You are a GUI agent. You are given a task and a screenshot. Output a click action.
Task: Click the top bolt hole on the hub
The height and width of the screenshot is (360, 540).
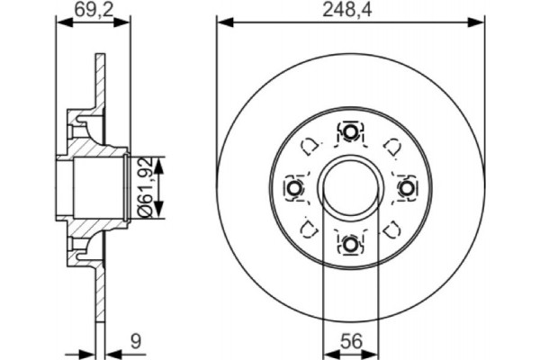click(x=349, y=132)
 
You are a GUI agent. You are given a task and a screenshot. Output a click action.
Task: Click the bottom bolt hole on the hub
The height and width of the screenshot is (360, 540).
click(x=349, y=241)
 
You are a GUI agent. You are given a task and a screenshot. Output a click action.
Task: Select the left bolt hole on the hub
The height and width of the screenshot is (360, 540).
click(x=294, y=187)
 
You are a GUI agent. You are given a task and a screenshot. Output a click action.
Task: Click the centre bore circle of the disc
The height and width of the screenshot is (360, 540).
click(x=349, y=187)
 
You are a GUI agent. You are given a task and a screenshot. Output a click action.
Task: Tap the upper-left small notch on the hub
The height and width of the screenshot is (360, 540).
click(x=309, y=146)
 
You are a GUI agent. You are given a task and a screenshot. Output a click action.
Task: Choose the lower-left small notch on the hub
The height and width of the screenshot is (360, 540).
click(x=309, y=228)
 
